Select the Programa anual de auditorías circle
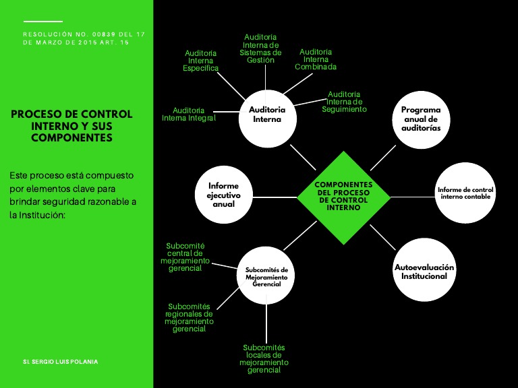[421, 119]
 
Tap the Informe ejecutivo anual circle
[223, 194]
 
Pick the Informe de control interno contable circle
[465, 193]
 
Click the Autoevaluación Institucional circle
[424, 271]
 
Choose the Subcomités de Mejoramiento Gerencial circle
[266, 277]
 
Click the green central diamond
[344, 197]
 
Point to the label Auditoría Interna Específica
[201, 61]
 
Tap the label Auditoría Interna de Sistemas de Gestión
[260, 48]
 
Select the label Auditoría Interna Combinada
[316, 59]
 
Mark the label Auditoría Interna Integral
[189, 114]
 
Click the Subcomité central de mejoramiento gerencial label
[185, 257]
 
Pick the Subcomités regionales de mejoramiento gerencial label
[189, 317]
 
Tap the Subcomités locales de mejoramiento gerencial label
[264, 358]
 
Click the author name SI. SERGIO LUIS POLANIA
[60, 362]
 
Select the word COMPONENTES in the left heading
[71, 137]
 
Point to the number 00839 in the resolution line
[103, 34]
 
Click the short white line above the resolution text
[42, 22]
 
